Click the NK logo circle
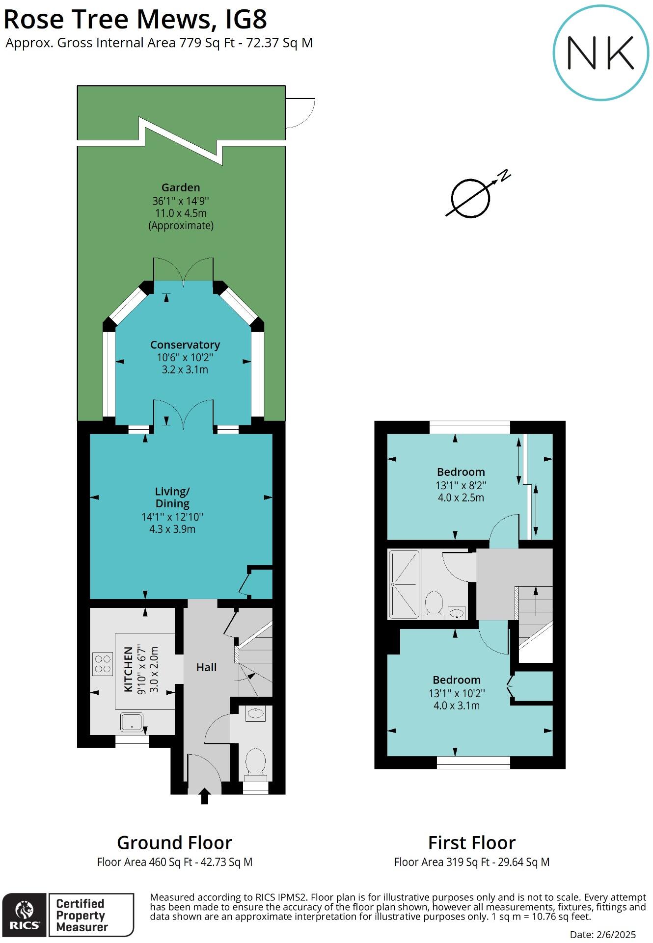click(601, 52)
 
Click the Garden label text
click(181, 187)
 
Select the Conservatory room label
click(185, 345)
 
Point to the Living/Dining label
click(172, 497)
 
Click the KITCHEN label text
click(129, 669)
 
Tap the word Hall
click(206, 667)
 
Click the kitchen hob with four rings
click(103, 664)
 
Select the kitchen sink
click(132, 722)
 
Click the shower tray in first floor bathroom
click(404, 584)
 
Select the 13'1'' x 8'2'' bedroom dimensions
click(461, 486)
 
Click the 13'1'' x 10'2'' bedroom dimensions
click(457, 693)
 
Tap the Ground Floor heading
click(174, 843)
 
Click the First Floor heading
click(471, 843)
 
